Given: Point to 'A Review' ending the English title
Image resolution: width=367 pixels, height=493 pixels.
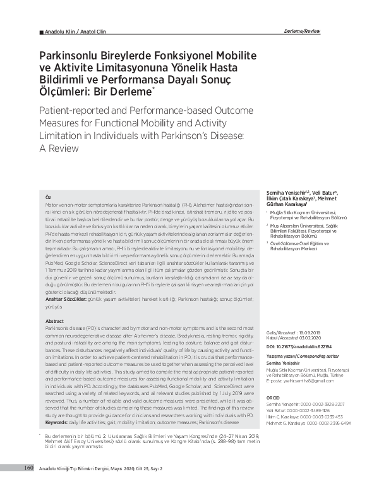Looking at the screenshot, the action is [59, 149].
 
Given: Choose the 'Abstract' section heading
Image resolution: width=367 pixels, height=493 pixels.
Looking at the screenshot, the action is [55, 321].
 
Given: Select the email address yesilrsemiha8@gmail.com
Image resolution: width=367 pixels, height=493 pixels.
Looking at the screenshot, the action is [301, 381].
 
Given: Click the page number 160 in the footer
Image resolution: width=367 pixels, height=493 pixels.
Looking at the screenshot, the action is [28, 485].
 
